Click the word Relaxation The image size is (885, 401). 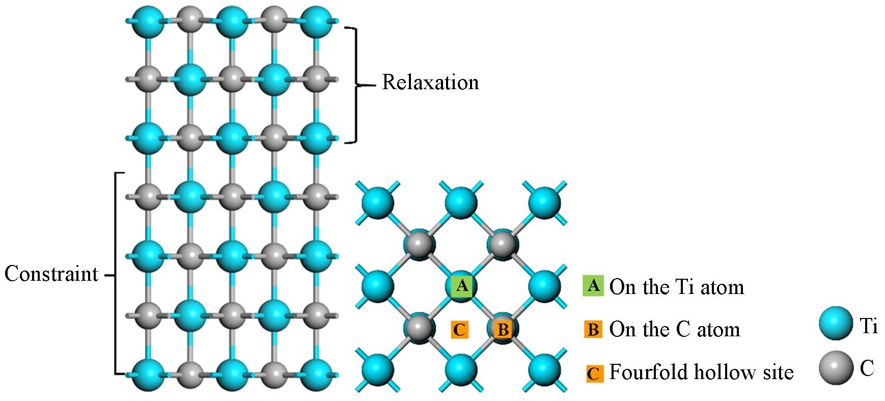[430, 83]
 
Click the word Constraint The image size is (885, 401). [51, 274]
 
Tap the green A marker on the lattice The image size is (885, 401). [462, 286]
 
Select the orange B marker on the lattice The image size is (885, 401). [503, 329]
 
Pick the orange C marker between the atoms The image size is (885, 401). [459, 330]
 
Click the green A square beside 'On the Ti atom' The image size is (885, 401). [593, 286]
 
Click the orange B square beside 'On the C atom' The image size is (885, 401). [593, 329]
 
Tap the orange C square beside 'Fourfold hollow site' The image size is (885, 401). [594, 373]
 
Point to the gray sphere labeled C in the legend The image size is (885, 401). [836, 367]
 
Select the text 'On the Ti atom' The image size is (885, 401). [677, 287]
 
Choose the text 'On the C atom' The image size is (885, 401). [675, 330]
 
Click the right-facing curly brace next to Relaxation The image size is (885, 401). [354, 85]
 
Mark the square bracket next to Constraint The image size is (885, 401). [117, 274]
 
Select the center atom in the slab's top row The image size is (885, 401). [233, 21]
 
